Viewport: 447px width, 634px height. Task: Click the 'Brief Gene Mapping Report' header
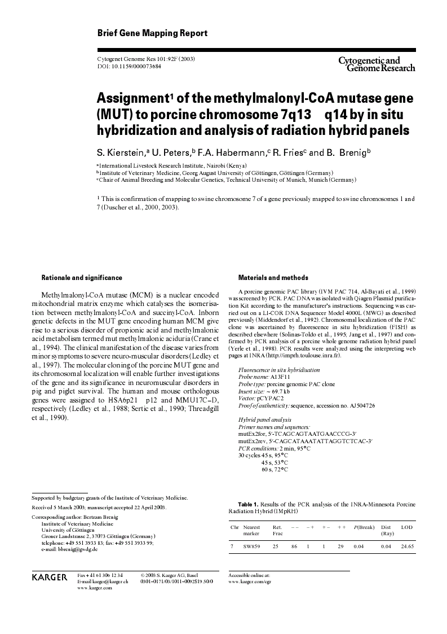pyautogui.click(x=152, y=33)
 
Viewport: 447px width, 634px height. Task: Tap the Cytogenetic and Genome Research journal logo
pyautogui.click(x=376, y=64)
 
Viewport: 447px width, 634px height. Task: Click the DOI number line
pyautogui.click(x=129, y=66)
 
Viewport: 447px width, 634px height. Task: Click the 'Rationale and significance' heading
pyautogui.click(x=82, y=278)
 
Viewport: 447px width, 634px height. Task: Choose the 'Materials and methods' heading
pyautogui.click(x=273, y=278)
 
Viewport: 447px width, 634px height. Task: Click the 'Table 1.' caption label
pyautogui.click(x=248, y=504)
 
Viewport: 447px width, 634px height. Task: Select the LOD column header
pyautogui.click(x=406, y=527)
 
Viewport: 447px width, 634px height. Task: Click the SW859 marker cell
pyautogui.click(x=251, y=546)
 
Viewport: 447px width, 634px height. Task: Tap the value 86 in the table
pyautogui.click(x=294, y=546)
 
